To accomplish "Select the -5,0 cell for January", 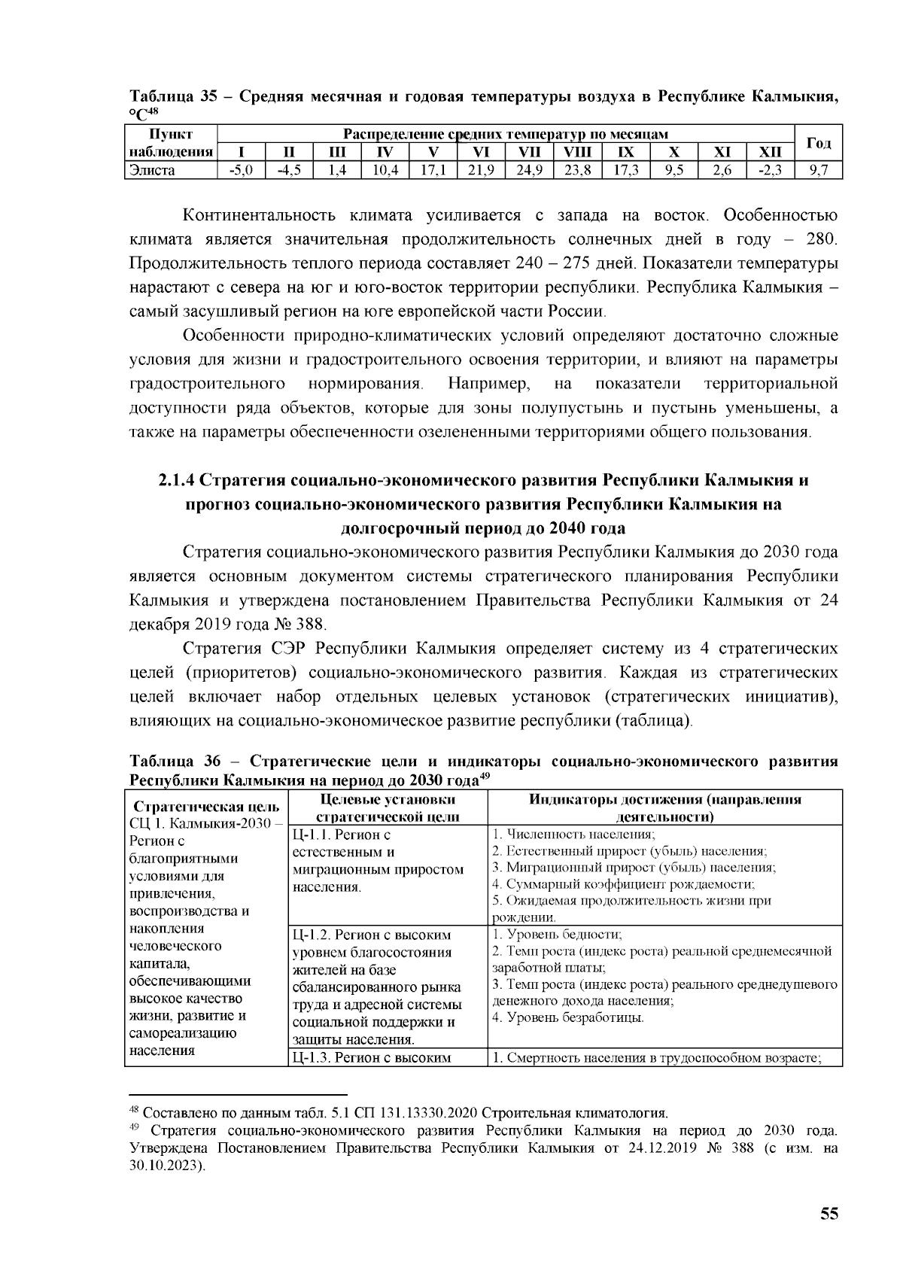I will [x=239, y=170].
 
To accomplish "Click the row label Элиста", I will [x=153, y=170].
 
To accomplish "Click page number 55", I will [x=829, y=1214].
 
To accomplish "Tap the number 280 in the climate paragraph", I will [x=819, y=240].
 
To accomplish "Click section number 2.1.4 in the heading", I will [x=177, y=480].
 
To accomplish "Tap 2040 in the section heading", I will [x=549, y=527].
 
